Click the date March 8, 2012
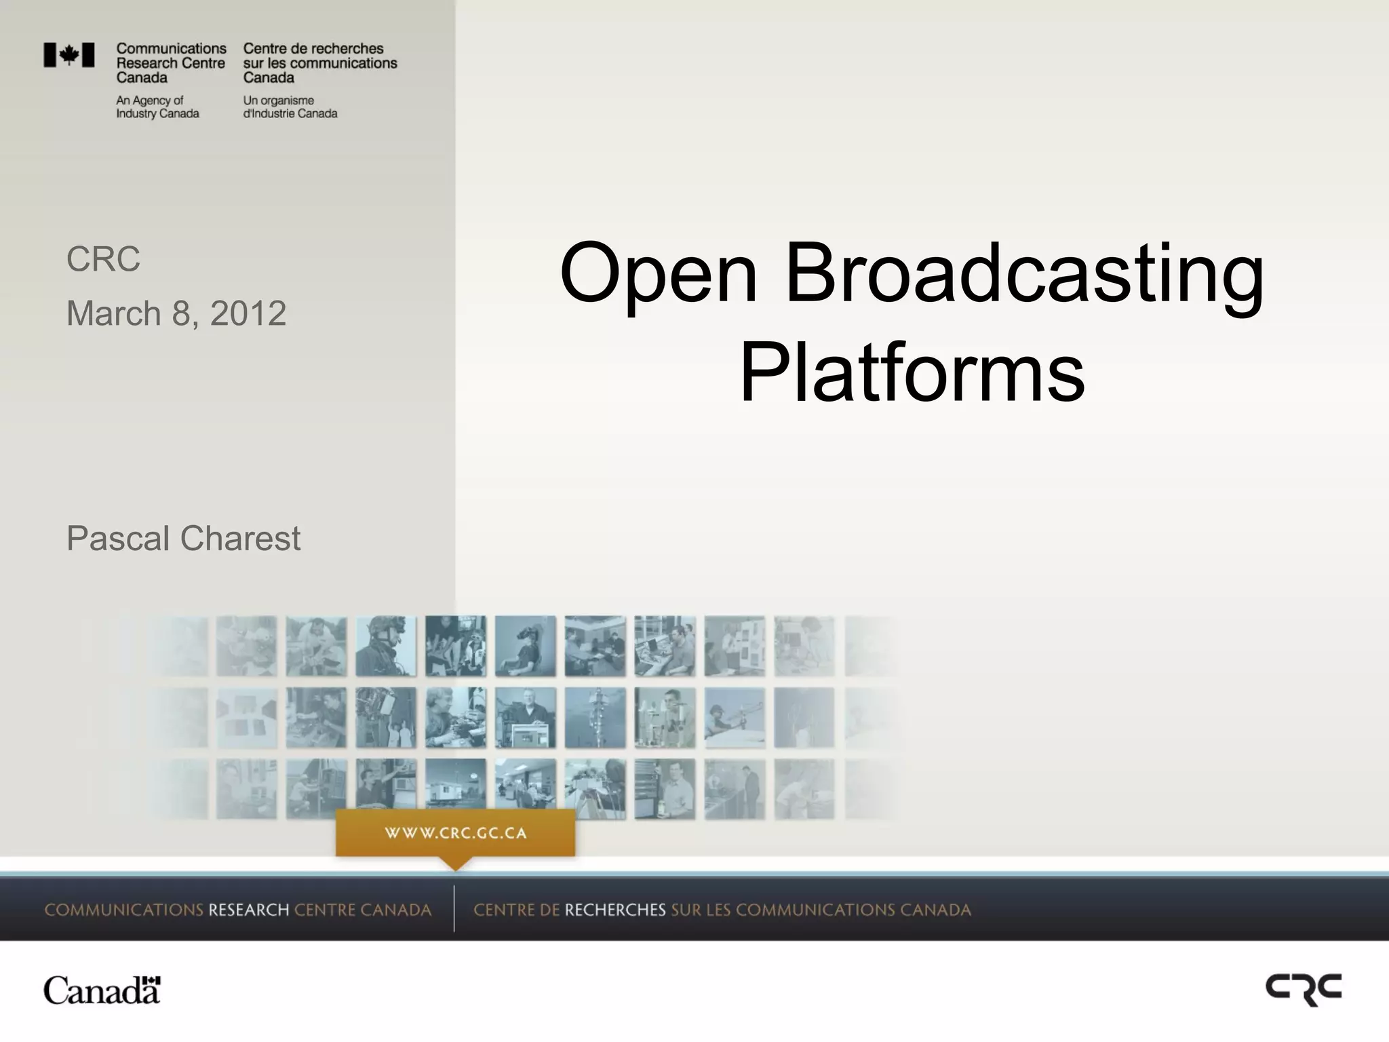[176, 313]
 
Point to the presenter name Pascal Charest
[183, 539]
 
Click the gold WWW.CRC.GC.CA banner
[456, 833]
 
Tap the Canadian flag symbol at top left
[69, 55]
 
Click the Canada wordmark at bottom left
[102, 991]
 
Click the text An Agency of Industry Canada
[157, 107]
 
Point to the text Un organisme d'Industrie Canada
[290, 107]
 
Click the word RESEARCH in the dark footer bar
[248, 910]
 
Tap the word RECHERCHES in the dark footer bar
[615, 910]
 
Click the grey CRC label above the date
[103, 259]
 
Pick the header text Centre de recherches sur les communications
[320, 56]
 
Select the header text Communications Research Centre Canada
[171, 62]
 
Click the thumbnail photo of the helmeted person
[385, 646]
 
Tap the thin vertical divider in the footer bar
[454, 908]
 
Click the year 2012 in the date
[248, 313]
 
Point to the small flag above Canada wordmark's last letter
[154, 980]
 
